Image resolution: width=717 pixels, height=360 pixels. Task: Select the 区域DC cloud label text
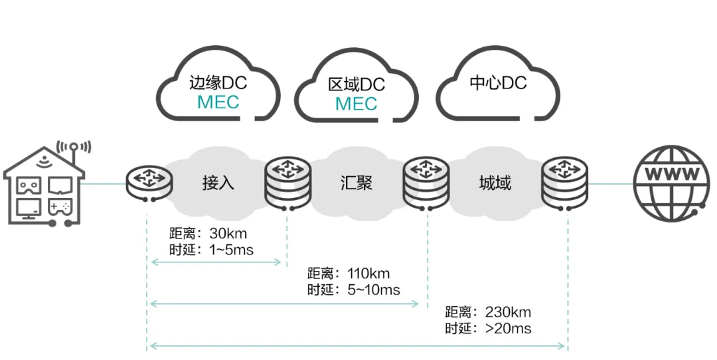tap(357, 85)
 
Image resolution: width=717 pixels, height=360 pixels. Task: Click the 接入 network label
tap(218, 183)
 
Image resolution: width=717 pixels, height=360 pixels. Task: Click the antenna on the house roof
tap(74, 149)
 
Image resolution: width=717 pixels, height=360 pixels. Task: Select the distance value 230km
tap(508, 312)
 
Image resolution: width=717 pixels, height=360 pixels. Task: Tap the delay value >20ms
tap(508, 329)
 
